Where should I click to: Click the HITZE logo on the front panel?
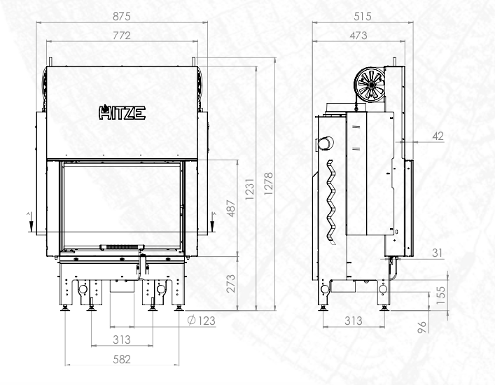pos(122,112)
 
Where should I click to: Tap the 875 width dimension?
pos(122,16)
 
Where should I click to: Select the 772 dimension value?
pos(122,35)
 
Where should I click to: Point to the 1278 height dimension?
pos(268,183)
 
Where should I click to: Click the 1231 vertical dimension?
pos(249,189)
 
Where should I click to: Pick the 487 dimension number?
pos(231,209)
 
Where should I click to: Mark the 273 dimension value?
pos(231,283)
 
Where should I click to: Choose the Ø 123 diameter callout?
pos(202,321)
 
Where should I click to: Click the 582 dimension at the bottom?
pos(122,359)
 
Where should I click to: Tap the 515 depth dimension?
pos(363,16)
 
